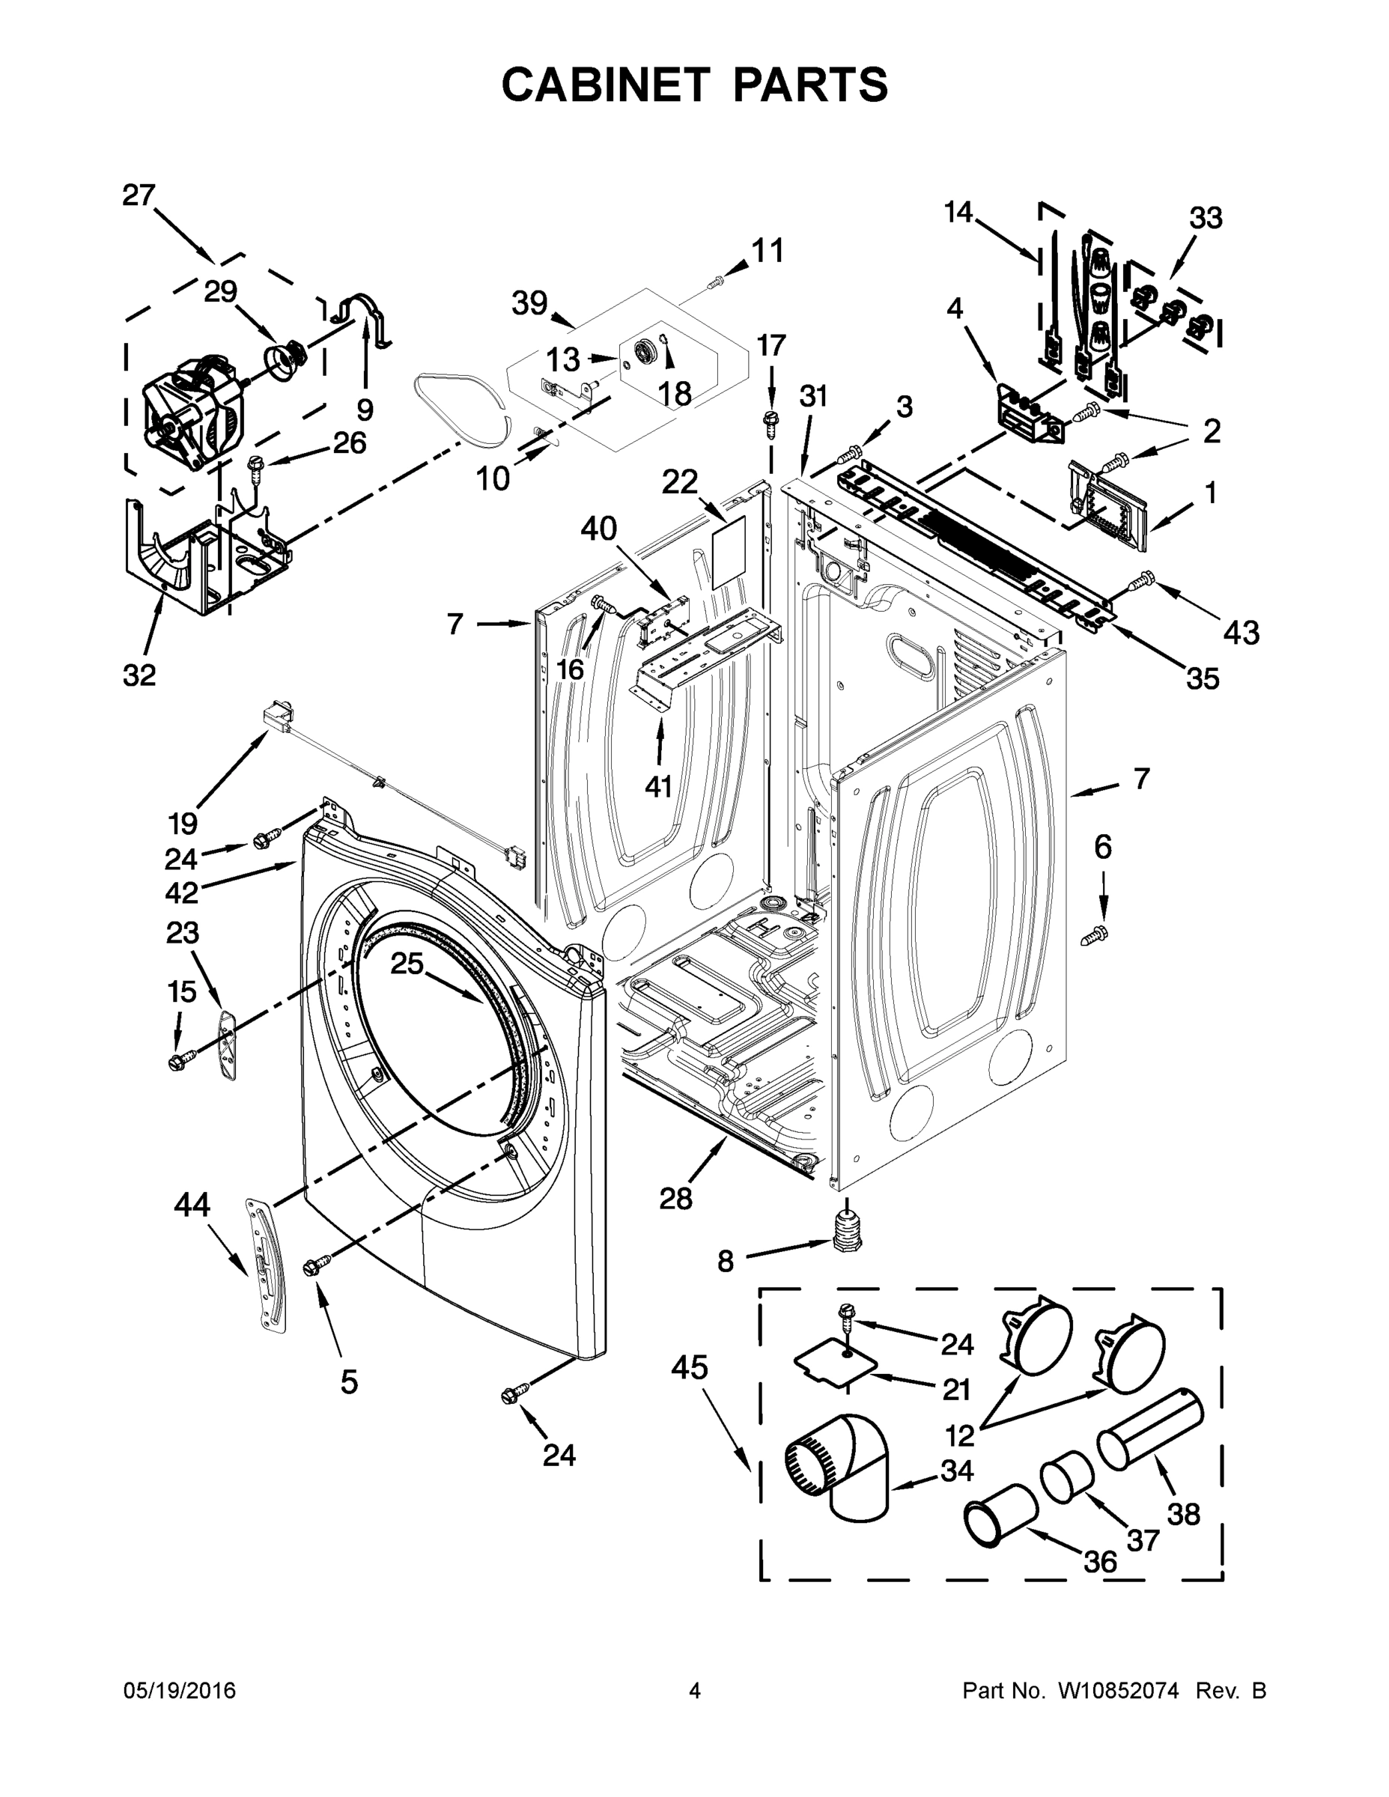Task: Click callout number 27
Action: (x=139, y=196)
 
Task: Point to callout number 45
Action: (x=689, y=1368)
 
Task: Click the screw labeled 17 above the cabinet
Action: (x=771, y=419)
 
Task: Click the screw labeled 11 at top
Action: (x=716, y=282)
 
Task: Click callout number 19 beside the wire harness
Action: (x=182, y=822)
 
